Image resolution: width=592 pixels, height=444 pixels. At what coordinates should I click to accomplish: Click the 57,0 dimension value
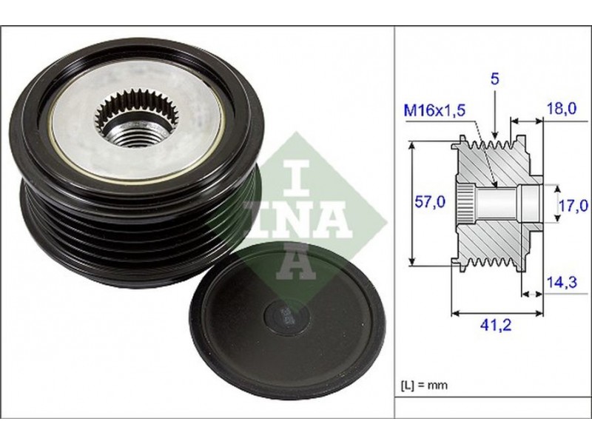pos(430,202)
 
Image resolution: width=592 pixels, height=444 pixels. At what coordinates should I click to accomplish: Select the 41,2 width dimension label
pos(495,325)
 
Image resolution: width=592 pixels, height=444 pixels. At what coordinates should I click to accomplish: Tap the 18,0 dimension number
pos(562,109)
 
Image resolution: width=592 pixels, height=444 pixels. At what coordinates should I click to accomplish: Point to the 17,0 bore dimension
pos(573,206)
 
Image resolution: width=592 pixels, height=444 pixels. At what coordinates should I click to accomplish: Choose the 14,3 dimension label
pos(562,282)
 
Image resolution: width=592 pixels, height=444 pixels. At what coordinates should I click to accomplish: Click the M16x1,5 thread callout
pos(434,110)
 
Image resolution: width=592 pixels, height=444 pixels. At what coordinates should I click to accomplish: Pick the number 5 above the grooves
pos(494,78)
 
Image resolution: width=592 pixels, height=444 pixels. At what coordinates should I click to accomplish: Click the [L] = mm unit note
pos(423,386)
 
